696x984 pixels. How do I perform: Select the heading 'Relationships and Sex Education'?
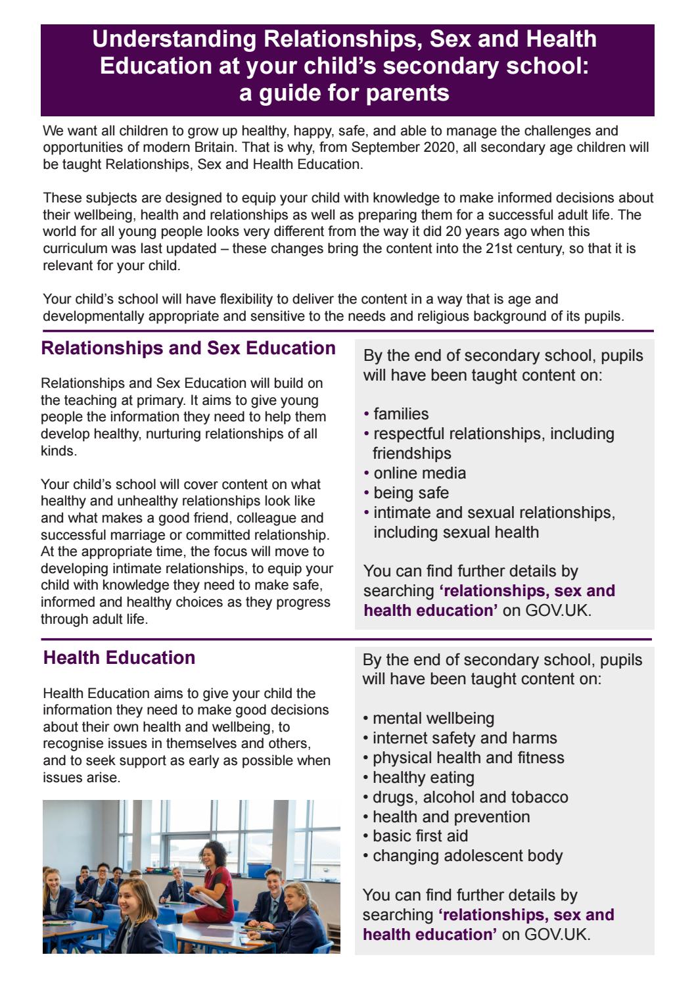coord(188,348)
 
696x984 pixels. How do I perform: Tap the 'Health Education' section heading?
coord(119,658)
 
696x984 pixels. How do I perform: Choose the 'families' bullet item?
coord(401,414)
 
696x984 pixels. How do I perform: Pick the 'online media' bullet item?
coord(419,473)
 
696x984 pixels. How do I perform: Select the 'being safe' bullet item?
coord(411,493)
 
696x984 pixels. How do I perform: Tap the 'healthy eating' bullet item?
coord(423,778)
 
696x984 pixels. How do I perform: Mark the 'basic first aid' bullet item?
coord(420,836)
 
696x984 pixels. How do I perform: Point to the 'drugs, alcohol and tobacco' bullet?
coord(470,797)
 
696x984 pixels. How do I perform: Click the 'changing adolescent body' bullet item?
coord(467,856)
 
